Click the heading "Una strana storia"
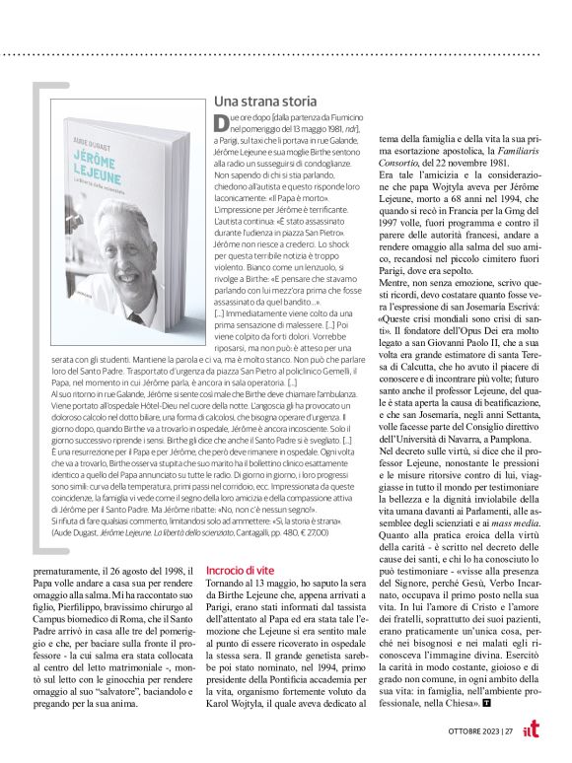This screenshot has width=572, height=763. click(x=265, y=102)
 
